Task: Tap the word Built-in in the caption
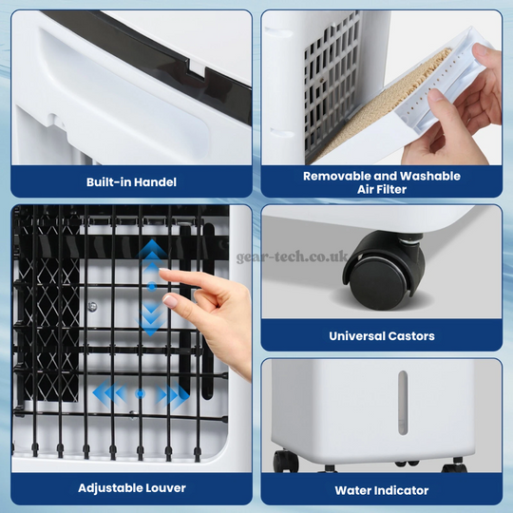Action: (x=108, y=181)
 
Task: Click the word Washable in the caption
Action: (x=429, y=176)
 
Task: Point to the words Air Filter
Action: (x=381, y=189)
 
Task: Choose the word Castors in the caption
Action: (x=413, y=335)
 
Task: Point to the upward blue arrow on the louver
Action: (x=150, y=252)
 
